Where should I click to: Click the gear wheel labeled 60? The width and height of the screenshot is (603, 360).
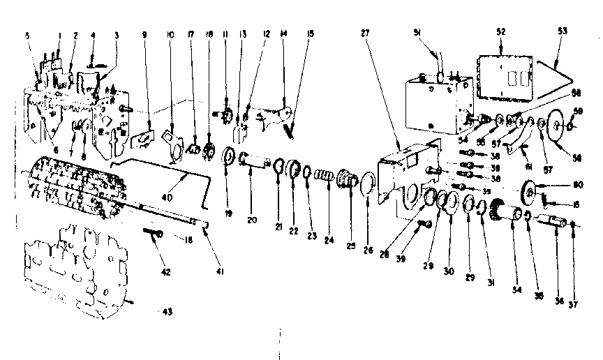[x=530, y=190]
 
